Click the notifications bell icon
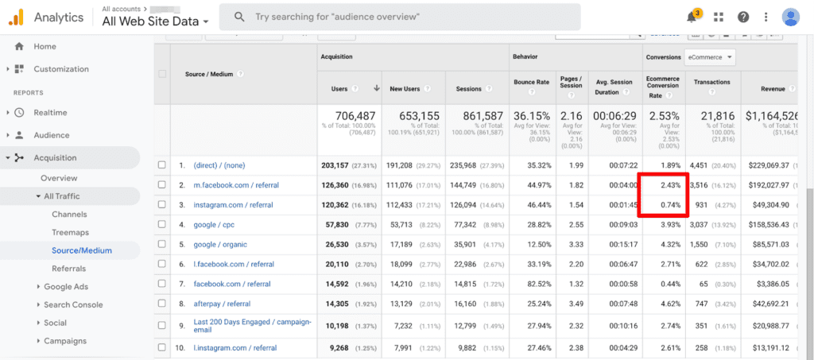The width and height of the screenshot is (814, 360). (x=692, y=17)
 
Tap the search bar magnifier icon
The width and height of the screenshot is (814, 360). (x=238, y=17)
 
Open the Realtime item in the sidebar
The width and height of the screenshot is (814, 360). (x=51, y=113)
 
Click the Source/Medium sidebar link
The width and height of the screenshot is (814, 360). (x=81, y=250)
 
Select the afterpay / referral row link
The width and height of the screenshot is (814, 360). (x=223, y=304)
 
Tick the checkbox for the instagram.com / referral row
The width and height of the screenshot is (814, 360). (x=162, y=205)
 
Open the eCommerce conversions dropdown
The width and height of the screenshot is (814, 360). (x=710, y=57)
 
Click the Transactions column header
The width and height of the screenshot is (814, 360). (x=711, y=83)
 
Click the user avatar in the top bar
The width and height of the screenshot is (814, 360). (x=791, y=17)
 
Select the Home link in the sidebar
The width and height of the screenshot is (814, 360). (x=45, y=46)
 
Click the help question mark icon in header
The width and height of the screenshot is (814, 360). (x=743, y=17)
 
